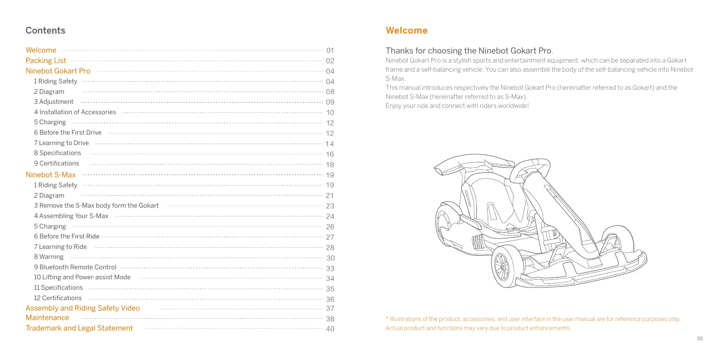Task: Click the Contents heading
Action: point(45,30)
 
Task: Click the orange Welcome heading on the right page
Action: point(407,30)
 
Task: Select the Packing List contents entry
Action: point(46,61)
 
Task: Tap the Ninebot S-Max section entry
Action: point(50,175)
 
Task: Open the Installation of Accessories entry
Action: point(75,112)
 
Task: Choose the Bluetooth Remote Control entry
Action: point(75,267)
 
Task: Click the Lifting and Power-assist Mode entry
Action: point(82,277)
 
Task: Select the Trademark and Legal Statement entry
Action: point(79,328)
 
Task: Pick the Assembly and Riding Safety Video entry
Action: point(83,308)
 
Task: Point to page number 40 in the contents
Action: point(330,329)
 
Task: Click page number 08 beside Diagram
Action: point(330,92)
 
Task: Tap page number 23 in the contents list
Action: point(330,206)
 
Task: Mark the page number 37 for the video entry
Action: point(330,309)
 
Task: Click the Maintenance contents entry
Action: point(47,318)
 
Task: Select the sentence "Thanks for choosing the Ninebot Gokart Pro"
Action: point(469,51)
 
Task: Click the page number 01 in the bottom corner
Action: point(700,339)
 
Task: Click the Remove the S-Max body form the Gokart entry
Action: point(96,205)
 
